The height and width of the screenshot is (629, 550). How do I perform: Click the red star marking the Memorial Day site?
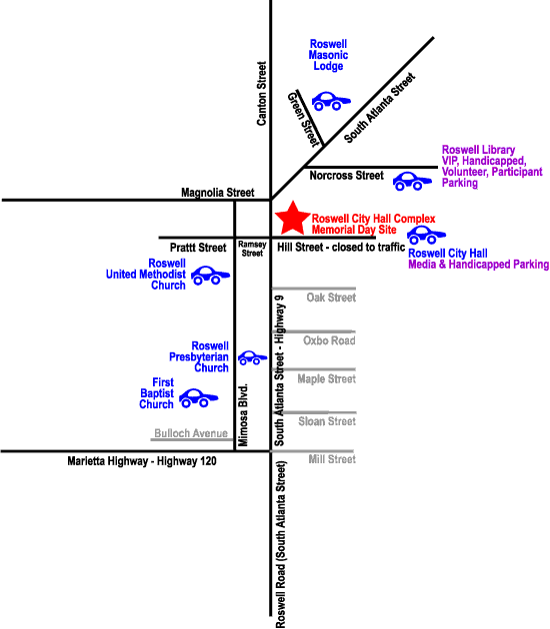click(x=293, y=219)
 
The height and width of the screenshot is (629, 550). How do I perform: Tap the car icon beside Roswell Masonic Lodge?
click(x=331, y=101)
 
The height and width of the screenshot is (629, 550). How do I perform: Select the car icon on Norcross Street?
click(x=412, y=182)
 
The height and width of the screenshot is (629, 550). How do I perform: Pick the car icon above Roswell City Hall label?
click(x=426, y=235)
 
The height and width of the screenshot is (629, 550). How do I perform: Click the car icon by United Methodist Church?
click(x=210, y=276)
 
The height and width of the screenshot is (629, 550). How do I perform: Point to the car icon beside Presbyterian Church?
click(x=252, y=357)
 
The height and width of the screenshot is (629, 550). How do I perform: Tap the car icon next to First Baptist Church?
click(x=198, y=398)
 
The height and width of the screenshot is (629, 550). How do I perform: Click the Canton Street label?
click(x=262, y=94)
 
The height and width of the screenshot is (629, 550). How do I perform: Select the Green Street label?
click(x=304, y=120)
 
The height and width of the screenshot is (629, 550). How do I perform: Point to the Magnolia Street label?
click(x=218, y=193)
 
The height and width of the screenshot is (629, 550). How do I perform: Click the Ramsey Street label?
click(x=252, y=249)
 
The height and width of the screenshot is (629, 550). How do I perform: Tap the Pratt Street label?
click(x=198, y=248)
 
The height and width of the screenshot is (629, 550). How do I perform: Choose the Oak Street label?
click(x=331, y=298)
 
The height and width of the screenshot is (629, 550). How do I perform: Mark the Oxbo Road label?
click(x=329, y=340)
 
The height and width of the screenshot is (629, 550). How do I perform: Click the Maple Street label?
click(x=327, y=379)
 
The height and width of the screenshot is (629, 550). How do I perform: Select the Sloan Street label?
click(x=327, y=421)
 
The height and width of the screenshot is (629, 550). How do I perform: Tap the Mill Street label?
click(x=332, y=459)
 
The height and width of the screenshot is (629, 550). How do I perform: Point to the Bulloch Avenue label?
click(x=191, y=433)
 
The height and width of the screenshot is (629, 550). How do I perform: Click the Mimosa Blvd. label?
click(x=243, y=415)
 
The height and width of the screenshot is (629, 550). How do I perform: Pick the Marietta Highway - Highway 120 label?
click(x=142, y=461)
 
